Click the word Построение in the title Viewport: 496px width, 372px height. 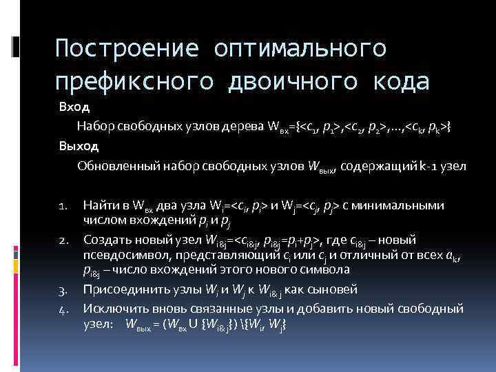(x=126, y=49)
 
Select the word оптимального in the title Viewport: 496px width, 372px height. (x=300, y=49)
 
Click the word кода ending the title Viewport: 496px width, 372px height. (x=400, y=81)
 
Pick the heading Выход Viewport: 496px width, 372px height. (x=78, y=146)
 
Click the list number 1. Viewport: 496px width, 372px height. (x=62, y=206)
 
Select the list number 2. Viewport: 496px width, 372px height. (x=62, y=240)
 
